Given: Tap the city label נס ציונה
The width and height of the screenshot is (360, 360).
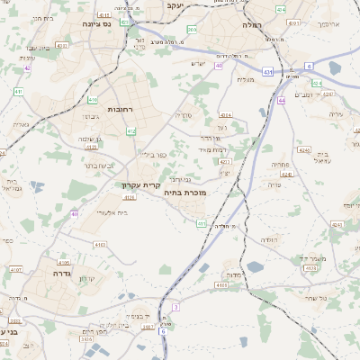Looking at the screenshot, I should click(94, 24).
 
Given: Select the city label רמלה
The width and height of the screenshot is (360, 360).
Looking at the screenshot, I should click(251, 26).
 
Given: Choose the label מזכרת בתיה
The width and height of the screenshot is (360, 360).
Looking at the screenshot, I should click(187, 193).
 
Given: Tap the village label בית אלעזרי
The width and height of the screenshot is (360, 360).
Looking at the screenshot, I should click(111, 212).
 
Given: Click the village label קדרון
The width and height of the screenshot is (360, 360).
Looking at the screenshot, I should click(87, 279).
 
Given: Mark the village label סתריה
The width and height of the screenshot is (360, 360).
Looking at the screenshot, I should click(184, 115).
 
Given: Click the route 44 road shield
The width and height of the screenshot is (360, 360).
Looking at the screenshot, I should click(282, 101).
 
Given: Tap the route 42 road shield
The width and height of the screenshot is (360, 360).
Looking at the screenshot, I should click(28, 67).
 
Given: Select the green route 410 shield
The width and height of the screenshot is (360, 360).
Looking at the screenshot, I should click(94, 100).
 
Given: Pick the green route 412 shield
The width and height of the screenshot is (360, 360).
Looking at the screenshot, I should click(131, 131).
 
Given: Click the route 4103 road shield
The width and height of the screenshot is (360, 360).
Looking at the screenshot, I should click(99, 244).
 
